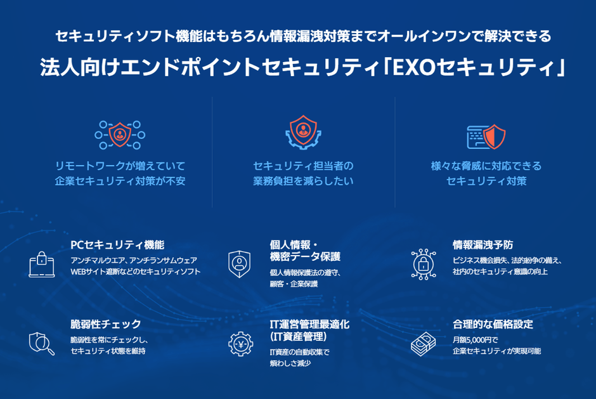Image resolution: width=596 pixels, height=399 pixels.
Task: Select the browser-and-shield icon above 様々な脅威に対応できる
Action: [486, 135]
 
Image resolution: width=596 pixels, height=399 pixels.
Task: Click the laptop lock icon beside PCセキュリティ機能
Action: [42, 265]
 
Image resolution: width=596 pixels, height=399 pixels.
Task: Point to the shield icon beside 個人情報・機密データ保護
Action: [240, 263]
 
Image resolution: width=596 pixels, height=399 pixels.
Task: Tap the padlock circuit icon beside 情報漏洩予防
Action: [423, 263]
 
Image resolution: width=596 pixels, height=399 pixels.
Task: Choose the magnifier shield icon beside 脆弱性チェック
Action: [42, 343]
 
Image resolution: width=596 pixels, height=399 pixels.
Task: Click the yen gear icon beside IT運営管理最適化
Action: [240, 343]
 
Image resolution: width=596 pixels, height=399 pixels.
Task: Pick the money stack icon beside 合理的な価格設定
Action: [423, 343]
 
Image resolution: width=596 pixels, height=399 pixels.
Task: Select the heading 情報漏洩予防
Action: [483, 245]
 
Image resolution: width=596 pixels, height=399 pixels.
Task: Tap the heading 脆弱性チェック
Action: [106, 325]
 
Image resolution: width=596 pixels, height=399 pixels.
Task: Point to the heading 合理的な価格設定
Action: [493, 325]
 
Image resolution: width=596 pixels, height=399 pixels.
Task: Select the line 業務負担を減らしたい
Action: [303, 181]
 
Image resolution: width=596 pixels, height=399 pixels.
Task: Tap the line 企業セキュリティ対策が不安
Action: [120, 181]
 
